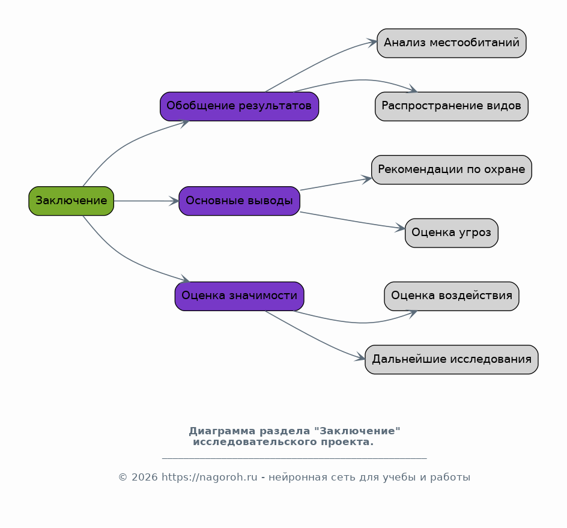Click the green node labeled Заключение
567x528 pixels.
[71, 201]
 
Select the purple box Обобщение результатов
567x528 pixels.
[240, 106]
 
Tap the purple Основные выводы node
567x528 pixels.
[240, 201]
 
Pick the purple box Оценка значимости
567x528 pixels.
[240, 296]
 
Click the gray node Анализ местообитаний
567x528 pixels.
[452, 43]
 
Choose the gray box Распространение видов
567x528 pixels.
[452, 106]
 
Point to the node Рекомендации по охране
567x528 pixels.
[452, 169]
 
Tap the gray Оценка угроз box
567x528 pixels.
[452, 233]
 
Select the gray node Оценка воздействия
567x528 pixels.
[452, 296]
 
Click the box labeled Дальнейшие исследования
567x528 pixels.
[452, 359]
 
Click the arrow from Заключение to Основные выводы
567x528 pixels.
[147, 201]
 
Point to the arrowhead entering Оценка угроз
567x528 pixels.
[400, 228]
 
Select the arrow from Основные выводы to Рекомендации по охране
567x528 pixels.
[336, 184]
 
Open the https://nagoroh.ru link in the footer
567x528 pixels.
[210, 478]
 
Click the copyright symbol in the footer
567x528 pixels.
[123, 478]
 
